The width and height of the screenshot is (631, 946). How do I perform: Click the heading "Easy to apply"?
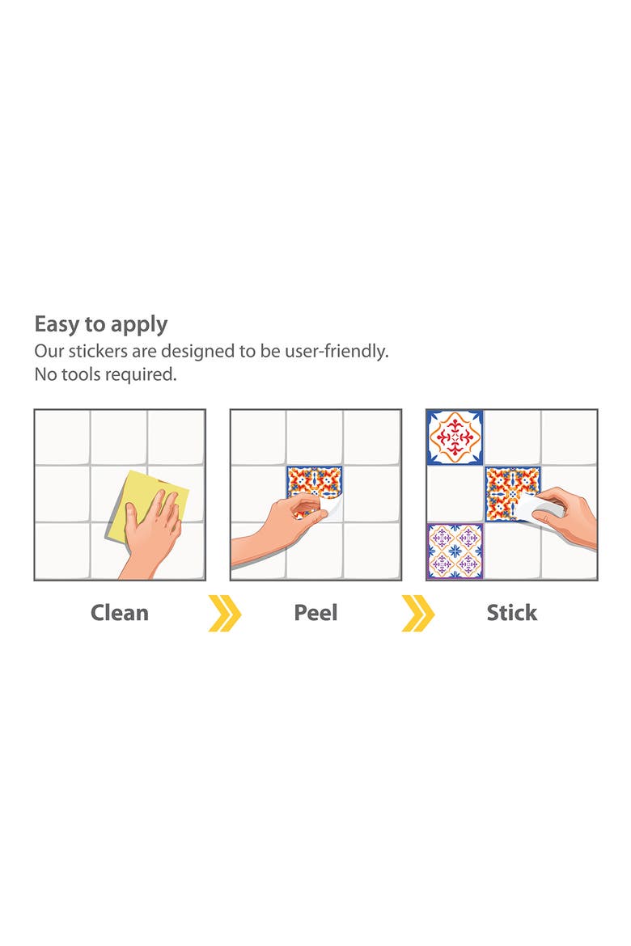[x=101, y=325]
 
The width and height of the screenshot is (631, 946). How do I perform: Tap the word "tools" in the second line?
[x=81, y=374]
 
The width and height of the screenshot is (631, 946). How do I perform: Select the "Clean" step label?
[x=120, y=613]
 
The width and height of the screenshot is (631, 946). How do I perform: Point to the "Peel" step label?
[x=315, y=613]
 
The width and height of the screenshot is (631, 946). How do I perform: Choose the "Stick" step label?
[x=512, y=613]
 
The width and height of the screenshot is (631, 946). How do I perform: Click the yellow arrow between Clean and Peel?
[x=225, y=613]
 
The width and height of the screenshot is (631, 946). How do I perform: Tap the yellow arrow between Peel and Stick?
[x=418, y=613]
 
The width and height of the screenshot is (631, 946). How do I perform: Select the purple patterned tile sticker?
[x=455, y=551]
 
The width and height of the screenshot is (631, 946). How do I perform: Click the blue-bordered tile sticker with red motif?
[x=455, y=437]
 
